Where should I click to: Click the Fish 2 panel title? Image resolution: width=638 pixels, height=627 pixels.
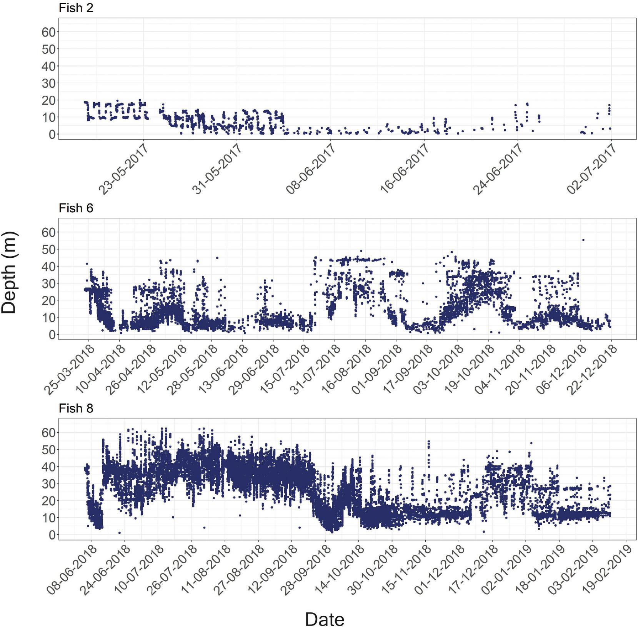tap(76, 8)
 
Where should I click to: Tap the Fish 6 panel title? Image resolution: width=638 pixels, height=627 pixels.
tap(76, 208)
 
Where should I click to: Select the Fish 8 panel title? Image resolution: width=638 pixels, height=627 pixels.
tap(76, 408)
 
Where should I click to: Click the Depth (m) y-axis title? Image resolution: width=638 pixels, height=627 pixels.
tap(9, 272)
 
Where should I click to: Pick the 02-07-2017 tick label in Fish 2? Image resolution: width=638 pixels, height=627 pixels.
tap(591, 169)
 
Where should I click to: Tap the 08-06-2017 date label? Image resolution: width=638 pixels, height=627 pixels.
tap(310, 169)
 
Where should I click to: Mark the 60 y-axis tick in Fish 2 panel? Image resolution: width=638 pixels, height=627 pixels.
tap(48, 32)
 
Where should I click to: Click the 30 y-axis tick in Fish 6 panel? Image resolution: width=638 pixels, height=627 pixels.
tap(48, 283)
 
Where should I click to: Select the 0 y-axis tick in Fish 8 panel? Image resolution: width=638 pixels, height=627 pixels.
tap(52, 535)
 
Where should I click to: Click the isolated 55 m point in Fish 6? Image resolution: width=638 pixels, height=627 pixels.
tap(583, 240)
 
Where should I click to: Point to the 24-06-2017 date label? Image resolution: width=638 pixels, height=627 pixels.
tap(497, 169)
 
